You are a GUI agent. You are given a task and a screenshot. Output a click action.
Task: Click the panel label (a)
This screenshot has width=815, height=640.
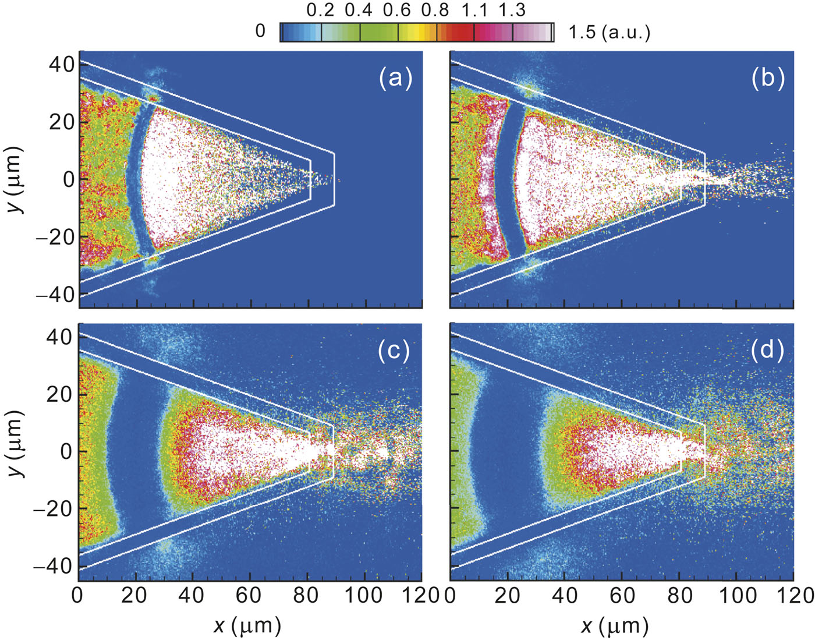point(396,77)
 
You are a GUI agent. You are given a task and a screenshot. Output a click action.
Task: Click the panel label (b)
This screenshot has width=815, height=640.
point(768,77)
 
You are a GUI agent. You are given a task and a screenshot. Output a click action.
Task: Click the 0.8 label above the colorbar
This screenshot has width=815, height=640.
point(435,10)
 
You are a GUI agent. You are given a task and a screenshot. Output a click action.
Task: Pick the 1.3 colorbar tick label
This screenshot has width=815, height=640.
point(512,10)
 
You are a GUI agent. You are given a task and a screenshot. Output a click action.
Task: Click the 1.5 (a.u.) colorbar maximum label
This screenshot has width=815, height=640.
point(609,32)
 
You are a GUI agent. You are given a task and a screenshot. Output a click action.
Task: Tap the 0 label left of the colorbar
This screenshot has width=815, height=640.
point(260,31)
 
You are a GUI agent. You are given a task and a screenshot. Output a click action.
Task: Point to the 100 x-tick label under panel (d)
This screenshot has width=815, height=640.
point(736,596)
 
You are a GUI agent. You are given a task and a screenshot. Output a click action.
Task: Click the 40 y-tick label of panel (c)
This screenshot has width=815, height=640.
point(61,337)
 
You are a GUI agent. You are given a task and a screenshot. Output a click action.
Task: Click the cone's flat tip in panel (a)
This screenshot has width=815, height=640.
point(334,179)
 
